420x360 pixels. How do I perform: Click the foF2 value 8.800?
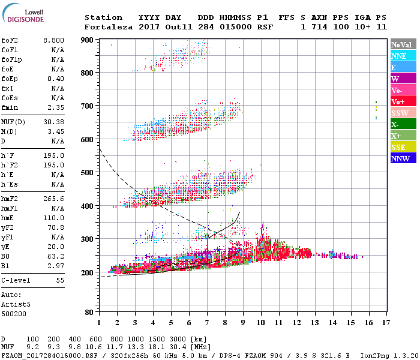coord(53,40)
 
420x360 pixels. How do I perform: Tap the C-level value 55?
coord(60,280)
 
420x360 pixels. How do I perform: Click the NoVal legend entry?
coord(403,44)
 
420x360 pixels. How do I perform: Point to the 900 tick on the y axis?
coord(88,40)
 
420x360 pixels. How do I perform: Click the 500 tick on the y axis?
coord(88,172)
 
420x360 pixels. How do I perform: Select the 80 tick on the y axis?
coord(90,312)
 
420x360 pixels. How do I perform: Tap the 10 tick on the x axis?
coord(260,322)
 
